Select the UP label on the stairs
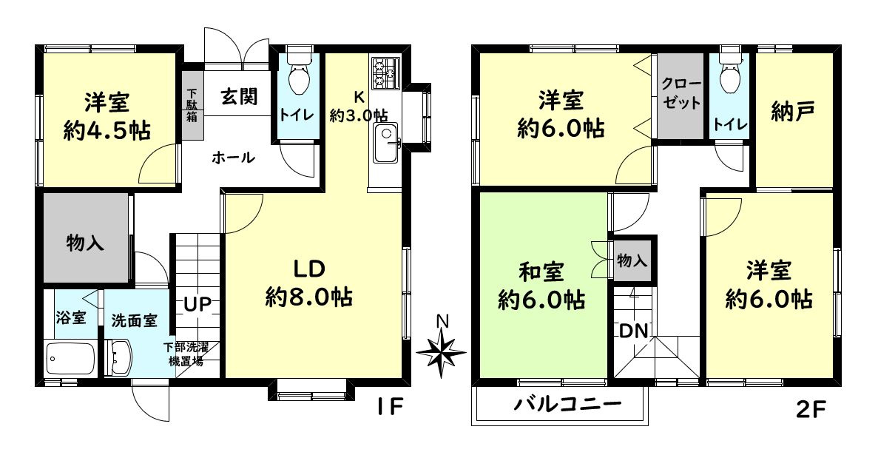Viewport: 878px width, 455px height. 198,303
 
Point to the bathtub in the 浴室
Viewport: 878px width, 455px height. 70,360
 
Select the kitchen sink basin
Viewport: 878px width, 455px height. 385,144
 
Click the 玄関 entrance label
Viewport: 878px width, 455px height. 239,96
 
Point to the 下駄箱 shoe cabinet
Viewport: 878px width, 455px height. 192,105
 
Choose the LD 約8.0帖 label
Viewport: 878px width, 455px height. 308,283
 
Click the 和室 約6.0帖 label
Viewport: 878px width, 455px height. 542,286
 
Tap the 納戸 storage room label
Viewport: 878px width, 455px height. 792,112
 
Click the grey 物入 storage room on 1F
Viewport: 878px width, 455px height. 86,240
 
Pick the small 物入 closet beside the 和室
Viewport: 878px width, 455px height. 632,260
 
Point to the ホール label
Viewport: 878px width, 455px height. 233,158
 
